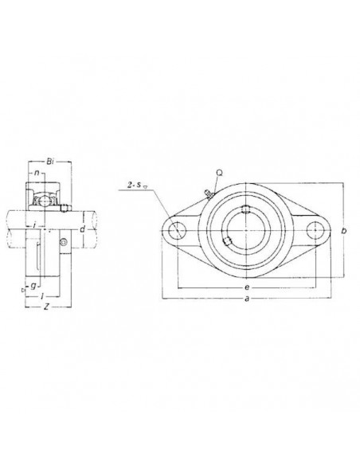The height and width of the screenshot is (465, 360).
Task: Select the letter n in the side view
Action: [37, 174]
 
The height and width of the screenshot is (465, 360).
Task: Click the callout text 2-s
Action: [133, 186]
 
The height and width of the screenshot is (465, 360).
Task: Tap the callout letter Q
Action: [218, 171]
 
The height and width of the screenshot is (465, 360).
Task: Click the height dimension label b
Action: [343, 231]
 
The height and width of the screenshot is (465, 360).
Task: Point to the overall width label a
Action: [248, 299]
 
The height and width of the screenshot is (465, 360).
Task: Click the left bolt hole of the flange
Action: [176, 230]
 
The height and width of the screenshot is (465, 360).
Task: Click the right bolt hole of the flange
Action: [317, 230]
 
